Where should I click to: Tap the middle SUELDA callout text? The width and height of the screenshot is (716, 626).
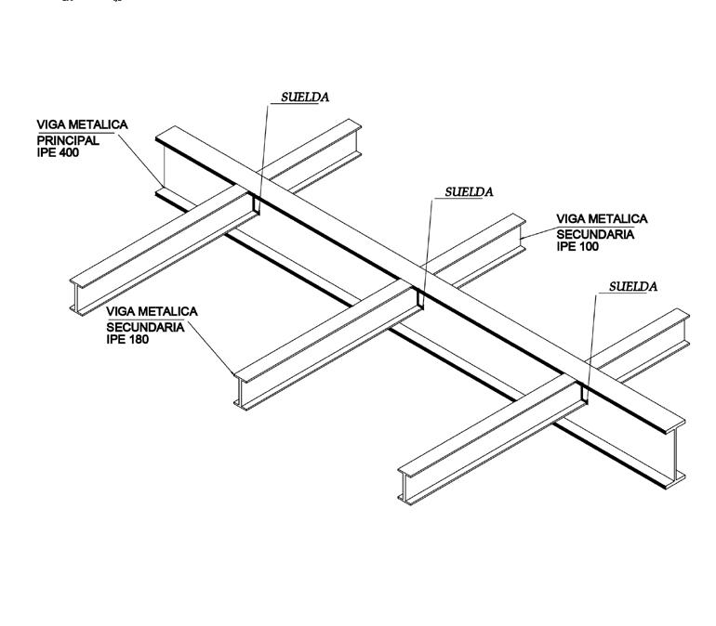[x=469, y=192]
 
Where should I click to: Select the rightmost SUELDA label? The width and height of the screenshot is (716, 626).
[x=633, y=286]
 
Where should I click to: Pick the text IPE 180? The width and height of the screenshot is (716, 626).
[x=129, y=339]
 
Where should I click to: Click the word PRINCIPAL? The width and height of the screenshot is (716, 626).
[x=67, y=141]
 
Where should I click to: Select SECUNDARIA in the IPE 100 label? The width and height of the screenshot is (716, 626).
[x=596, y=234]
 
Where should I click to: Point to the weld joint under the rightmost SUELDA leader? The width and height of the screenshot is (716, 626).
[x=584, y=393]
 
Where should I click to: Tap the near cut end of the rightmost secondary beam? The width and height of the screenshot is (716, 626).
[x=406, y=482]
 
